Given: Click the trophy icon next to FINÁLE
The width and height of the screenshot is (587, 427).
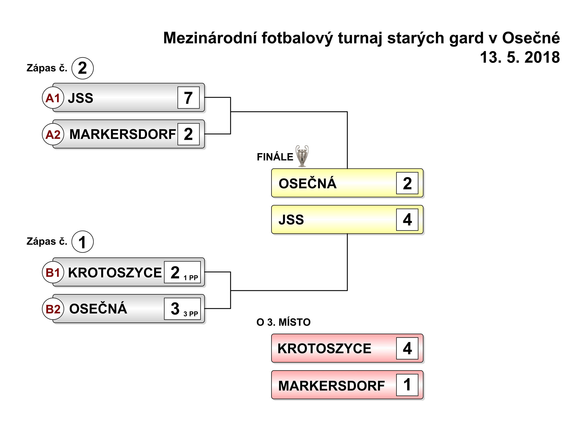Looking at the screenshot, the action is tap(302, 156).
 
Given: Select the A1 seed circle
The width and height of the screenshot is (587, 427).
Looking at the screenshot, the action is tap(53, 98).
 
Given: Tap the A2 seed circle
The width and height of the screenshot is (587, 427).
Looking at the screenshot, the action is tap(53, 134).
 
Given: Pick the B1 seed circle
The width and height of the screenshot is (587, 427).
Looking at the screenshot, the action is tap(53, 272).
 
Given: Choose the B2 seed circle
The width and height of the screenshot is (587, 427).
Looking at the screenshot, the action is tap(53, 309).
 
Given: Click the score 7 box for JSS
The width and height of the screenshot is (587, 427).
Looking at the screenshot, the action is tap(188, 97).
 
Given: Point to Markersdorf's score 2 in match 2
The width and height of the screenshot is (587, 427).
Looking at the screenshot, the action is tap(188, 134).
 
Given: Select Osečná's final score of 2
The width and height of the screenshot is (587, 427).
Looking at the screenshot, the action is tap(407, 183).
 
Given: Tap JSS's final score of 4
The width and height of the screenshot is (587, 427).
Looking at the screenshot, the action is tap(407, 220).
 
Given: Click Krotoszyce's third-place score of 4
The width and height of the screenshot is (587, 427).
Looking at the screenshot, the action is tap(407, 348).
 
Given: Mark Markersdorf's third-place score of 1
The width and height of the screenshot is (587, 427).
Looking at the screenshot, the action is tap(407, 385).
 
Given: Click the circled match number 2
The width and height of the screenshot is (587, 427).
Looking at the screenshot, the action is tap(82, 68).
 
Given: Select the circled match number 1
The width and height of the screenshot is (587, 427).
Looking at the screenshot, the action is tap(82, 242).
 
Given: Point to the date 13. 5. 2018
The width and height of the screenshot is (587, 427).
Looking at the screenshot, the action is tap(520, 57).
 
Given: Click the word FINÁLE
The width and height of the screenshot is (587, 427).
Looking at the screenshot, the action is tap(275, 157).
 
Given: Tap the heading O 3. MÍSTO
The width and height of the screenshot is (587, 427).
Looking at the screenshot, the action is tap(284, 322).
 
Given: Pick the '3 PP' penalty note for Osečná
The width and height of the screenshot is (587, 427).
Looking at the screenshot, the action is tap(191, 314).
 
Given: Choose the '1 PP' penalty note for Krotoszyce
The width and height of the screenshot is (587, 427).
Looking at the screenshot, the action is tap(191, 278).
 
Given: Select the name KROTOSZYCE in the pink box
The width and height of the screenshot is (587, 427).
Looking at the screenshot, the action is tap(324, 349).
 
